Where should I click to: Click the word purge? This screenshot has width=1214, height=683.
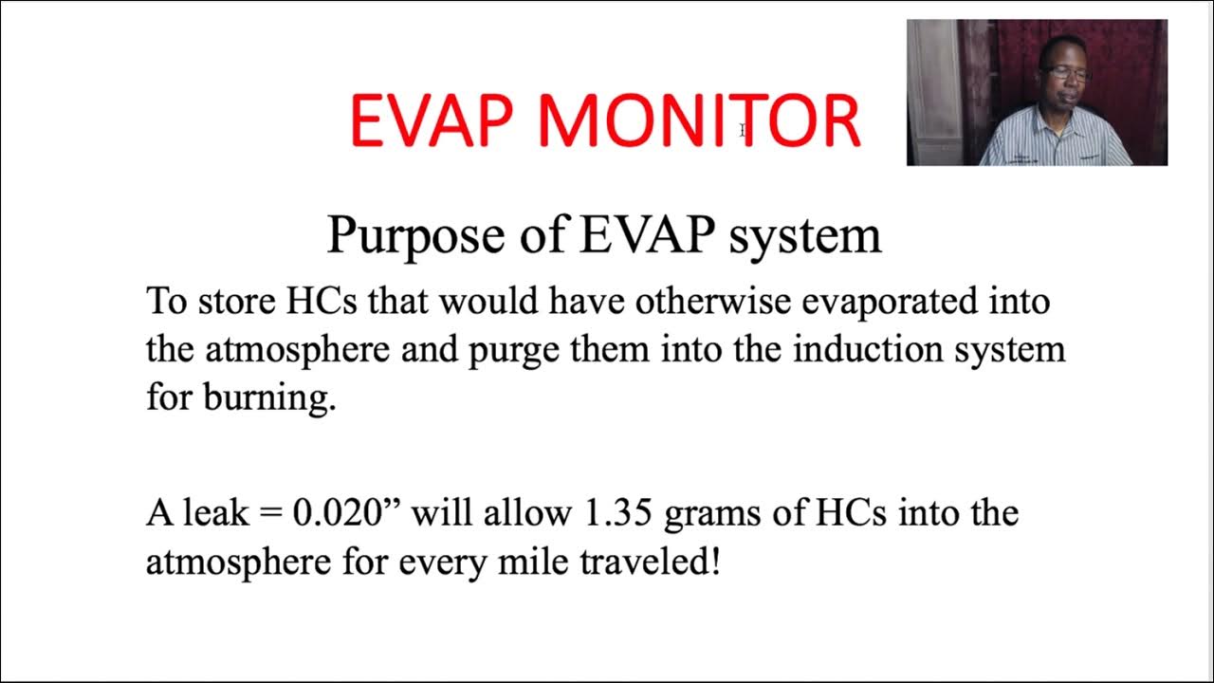[x=512, y=351]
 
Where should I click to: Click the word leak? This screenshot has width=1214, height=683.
[x=213, y=513]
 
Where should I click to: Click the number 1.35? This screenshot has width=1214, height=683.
[x=613, y=513]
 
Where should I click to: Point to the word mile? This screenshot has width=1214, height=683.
[x=518, y=563]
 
